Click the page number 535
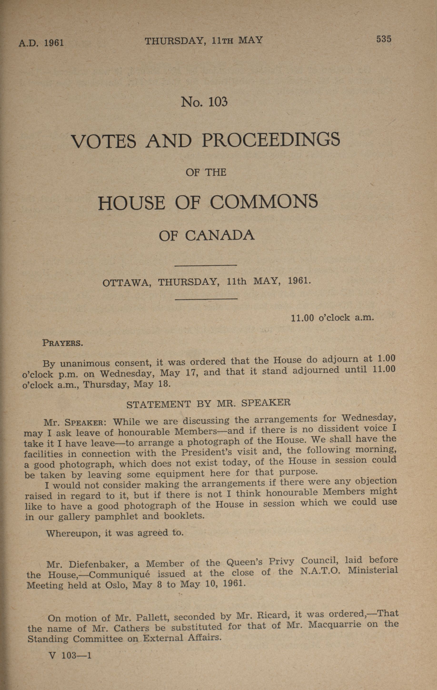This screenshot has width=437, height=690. (x=384, y=39)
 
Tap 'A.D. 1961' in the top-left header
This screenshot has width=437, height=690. (x=41, y=43)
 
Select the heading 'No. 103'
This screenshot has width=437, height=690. (x=204, y=102)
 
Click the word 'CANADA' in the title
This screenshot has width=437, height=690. (x=219, y=236)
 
